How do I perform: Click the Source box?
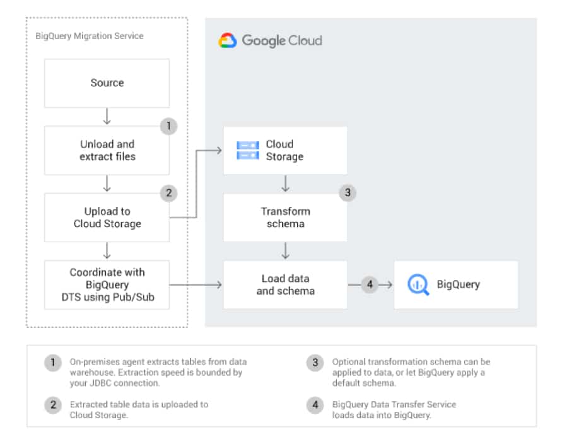[107, 83]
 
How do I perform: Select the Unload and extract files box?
[107, 151]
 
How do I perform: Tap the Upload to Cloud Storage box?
[107, 218]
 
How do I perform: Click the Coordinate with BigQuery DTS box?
[107, 285]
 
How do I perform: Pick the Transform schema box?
[285, 218]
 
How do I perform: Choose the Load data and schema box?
[285, 285]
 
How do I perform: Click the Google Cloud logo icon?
[228, 40]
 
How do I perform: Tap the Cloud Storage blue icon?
[248, 150]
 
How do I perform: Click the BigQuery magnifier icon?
[418, 284]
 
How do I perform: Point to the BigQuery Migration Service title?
[90, 36]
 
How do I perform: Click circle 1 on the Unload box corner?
[168, 126]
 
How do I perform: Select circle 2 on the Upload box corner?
[168, 193]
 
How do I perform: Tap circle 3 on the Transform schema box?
[348, 192]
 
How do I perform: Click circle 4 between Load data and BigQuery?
[370, 285]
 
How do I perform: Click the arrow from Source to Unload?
[107, 117]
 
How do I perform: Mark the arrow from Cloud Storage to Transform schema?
[285, 184]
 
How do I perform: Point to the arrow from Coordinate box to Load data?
[196, 285]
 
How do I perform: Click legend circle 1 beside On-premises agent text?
[53, 363]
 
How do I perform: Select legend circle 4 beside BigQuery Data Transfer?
[315, 405]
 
